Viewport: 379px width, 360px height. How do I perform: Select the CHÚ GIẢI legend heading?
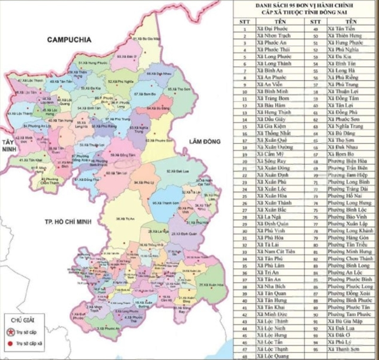tap(18, 319)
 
